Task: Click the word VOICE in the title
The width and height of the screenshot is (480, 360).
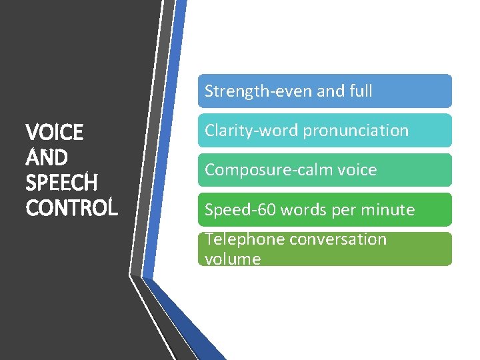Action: click(x=55, y=133)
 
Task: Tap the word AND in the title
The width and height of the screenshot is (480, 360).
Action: click(x=46, y=158)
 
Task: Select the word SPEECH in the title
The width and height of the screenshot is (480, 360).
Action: click(x=61, y=183)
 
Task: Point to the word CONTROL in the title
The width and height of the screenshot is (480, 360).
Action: click(x=71, y=207)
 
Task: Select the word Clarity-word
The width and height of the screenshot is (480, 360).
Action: click(x=251, y=131)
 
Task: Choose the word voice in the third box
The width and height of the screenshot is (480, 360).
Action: click(x=357, y=170)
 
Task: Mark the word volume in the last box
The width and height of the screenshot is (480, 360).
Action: click(x=233, y=259)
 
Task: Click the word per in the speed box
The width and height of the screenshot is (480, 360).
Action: click(x=343, y=210)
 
